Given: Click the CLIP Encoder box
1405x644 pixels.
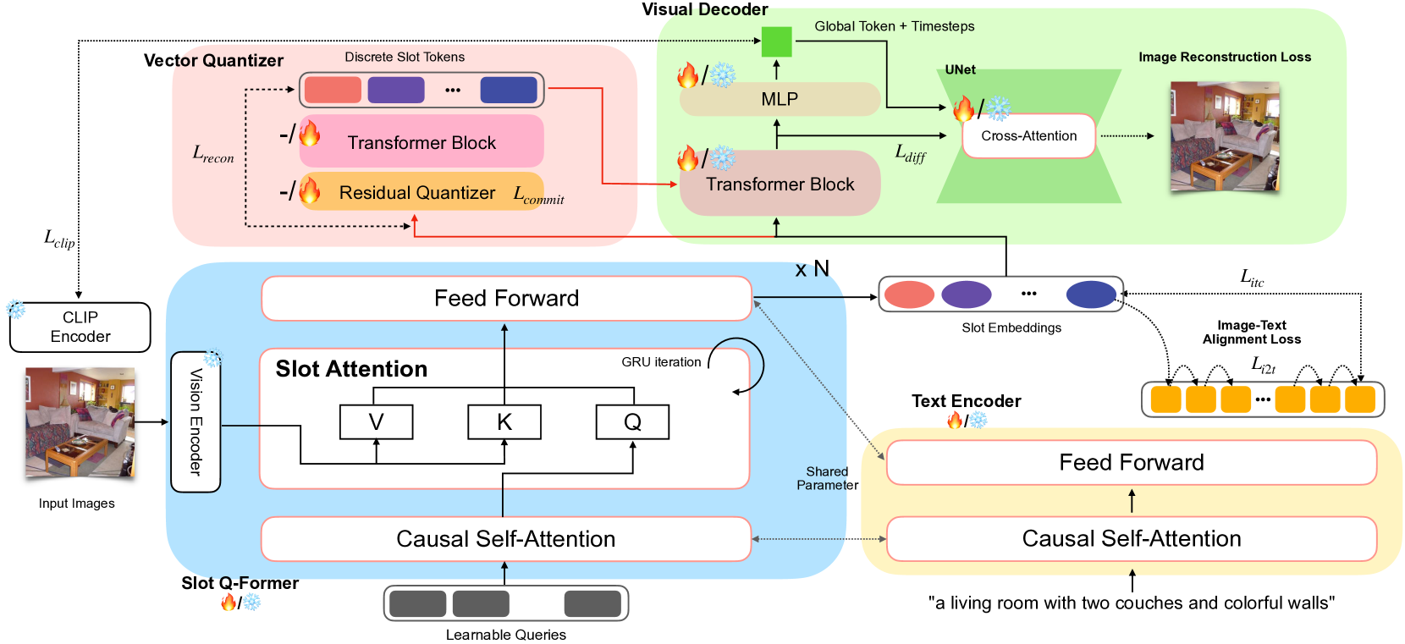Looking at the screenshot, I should [x=80, y=327].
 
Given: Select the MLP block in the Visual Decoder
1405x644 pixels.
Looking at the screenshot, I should [x=780, y=99].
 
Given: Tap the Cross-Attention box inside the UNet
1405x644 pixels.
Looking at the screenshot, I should [x=1028, y=135].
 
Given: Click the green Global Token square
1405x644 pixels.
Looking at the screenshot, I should [x=776, y=41].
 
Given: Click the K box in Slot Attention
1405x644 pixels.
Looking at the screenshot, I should [x=504, y=421].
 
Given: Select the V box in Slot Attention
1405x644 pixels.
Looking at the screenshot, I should [x=376, y=421].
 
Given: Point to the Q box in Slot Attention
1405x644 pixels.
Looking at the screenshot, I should [x=632, y=421].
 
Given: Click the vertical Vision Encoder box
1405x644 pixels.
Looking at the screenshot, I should [x=196, y=421].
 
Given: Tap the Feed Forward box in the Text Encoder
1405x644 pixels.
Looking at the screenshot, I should [x=1131, y=462].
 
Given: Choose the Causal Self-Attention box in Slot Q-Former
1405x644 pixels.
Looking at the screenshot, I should [x=505, y=539].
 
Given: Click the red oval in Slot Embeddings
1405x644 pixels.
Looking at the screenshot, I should [x=909, y=294].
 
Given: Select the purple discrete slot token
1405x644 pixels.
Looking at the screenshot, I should [x=396, y=90].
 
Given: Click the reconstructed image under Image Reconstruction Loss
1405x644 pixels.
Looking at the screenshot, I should [x=1224, y=136].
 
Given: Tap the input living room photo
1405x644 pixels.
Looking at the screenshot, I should [x=80, y=422].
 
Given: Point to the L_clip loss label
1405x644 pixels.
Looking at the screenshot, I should [x=59, y=239].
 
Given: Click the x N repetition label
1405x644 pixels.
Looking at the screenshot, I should [x=812, y=269].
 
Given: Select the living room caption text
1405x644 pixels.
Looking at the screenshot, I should [x=1131, y=603].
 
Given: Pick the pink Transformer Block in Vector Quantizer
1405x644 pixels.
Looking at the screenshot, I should [x=421, y=142].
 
